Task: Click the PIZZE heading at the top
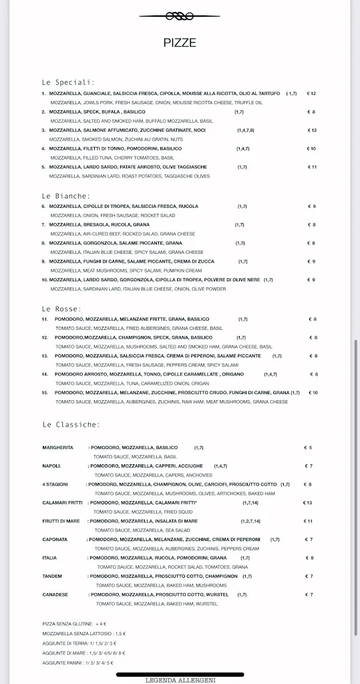point(180,43)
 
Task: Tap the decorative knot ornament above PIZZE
point(179,15)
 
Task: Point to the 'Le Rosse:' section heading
point(61,309)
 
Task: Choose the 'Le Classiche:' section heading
point(71,424)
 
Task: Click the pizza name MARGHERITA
point(57,448)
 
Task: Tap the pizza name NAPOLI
point(52,466)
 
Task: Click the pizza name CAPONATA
point(55,539)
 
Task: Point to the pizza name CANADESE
point(55,594)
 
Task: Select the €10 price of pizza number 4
point(311,148)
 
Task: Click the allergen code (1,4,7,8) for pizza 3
point(245,130)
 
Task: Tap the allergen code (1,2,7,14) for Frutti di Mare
point(250,521)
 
